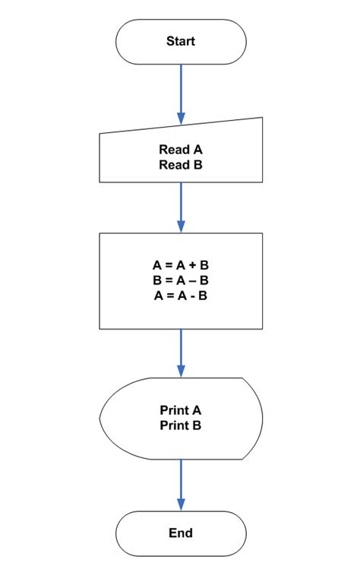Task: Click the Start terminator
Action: (181, 42)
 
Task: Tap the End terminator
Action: (181, 533)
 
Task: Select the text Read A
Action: (181, 150)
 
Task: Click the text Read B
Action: (181, 164)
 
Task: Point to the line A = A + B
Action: (181, 267)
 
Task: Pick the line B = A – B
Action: (181, 280)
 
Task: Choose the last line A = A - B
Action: (181, 295)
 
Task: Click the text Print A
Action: (181, 412)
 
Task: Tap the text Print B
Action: (181, 426)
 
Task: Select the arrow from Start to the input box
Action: (181, 91)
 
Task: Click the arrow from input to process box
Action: (181, 205)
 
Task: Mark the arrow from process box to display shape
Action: (181, 351)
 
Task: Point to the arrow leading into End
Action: (181, 482)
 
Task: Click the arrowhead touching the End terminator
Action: (181, 504)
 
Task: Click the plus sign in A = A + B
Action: (193, 267)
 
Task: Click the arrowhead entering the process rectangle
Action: (181, 226)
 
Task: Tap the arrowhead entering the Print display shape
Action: (181, 372)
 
